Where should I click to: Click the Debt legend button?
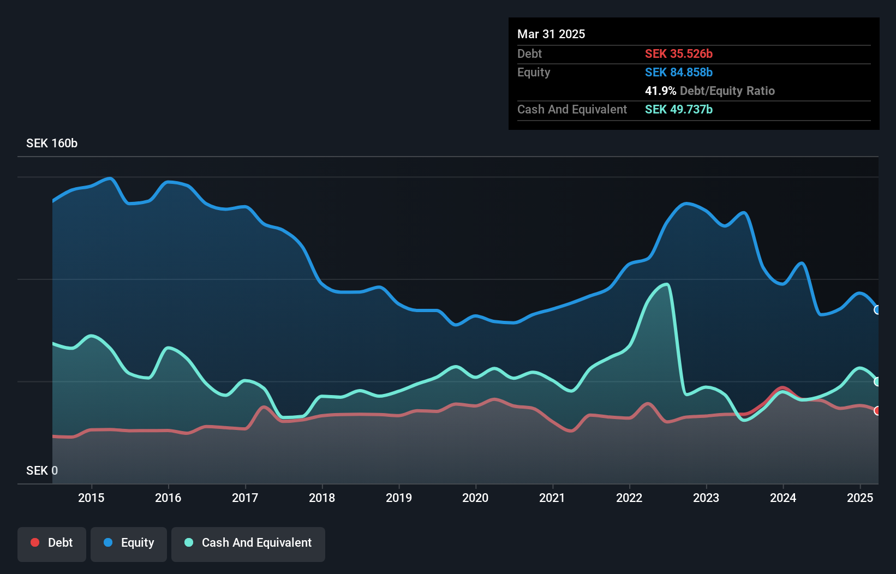pos(52,543)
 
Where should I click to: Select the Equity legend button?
pos(129,543)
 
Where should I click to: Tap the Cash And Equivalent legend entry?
pos(248,543)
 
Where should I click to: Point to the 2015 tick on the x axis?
pos(91,498)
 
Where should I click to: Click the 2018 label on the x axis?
pos(322,498)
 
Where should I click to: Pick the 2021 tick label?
pos(552,498)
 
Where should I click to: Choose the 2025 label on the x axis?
pos(860,498)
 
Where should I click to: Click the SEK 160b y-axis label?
pos(52,143)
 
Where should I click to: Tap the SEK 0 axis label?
pos(42,470)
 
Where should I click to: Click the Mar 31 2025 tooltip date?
pos(551,34)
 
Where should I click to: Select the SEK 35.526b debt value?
pos(679,54)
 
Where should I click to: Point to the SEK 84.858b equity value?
pos(679,73)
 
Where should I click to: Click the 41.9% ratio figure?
pos(660,91)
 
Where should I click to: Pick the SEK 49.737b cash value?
pos(679,110)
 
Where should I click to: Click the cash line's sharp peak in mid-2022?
pos(666,284)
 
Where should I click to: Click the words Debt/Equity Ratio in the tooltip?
pos(727,91)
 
